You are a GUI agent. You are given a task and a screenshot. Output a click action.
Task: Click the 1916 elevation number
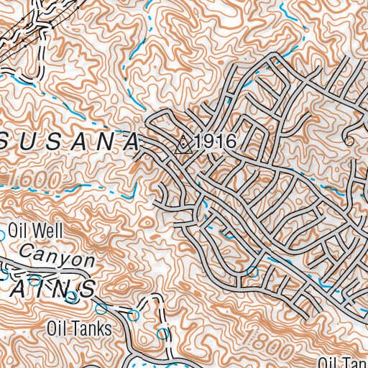215,142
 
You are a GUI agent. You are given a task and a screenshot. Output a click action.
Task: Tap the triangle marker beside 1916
185,144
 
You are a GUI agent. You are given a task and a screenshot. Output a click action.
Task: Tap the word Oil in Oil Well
18,231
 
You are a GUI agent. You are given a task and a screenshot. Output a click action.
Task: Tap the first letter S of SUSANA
11,142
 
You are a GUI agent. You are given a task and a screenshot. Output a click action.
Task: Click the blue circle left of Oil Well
3,232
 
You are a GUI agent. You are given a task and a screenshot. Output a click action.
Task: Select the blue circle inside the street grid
252,272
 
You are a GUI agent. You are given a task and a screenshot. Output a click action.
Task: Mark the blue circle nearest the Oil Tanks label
133,315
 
